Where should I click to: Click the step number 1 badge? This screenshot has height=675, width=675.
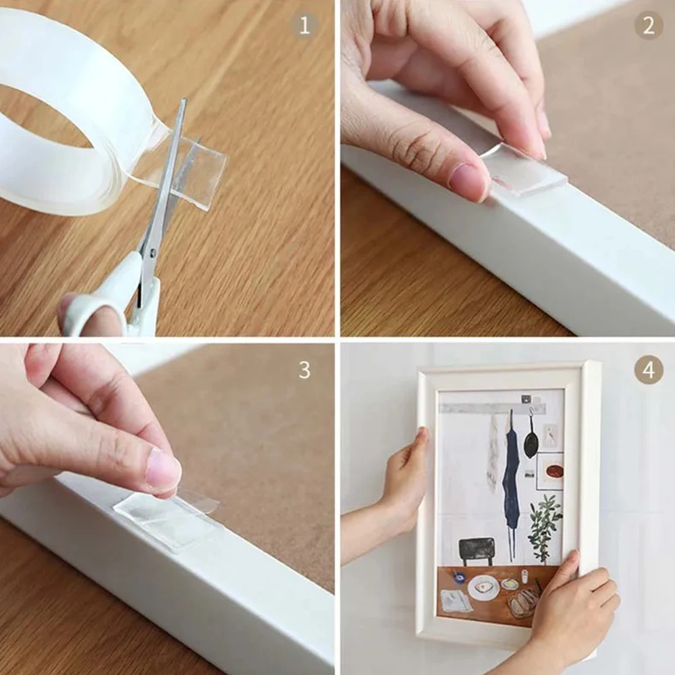[x=304, y=26]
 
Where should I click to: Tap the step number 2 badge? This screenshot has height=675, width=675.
[x=648, y=25]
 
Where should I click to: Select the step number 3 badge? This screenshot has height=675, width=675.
[x=304, y=369]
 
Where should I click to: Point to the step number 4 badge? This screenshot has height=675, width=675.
[x=648, y=370]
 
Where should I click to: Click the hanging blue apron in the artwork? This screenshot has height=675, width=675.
[x=511, y=479]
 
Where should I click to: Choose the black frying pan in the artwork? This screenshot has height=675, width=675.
[x=531, y=442]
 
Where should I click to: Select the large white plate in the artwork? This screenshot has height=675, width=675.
[x=483, y=587]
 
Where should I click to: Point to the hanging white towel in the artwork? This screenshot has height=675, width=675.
[x=493, y=452]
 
